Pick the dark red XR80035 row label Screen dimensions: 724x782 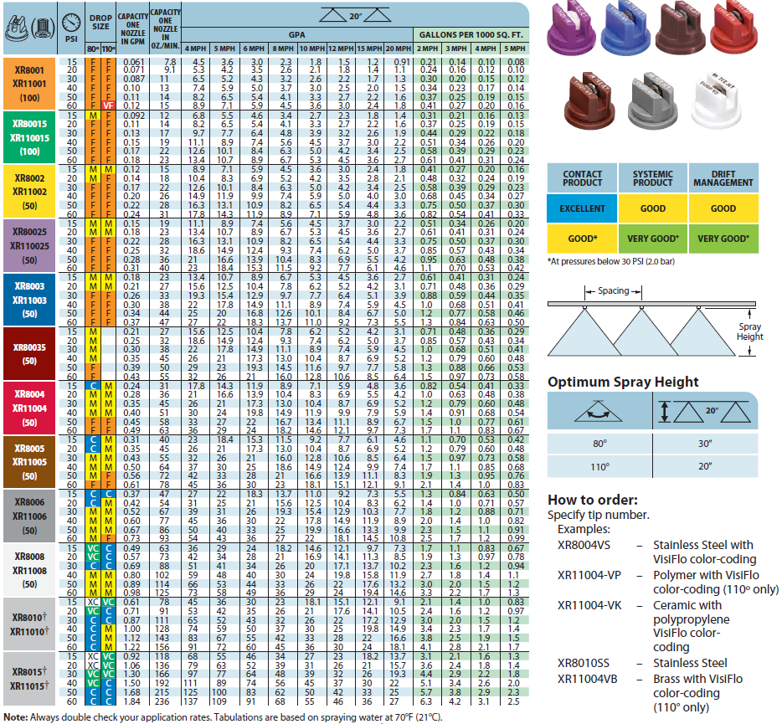[x=29, y=352]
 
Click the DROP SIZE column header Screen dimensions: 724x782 [x=100, y=22]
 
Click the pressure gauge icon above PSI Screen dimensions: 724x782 [x=71, y=18]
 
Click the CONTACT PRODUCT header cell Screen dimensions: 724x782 [x=582, y=177]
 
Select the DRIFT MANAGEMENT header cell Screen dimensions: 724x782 [x=723, y=177]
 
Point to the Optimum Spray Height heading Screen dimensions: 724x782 [x=623, y=382]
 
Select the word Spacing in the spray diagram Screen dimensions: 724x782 [x=614, y=291]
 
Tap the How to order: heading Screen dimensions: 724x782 [x=593, y=500]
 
